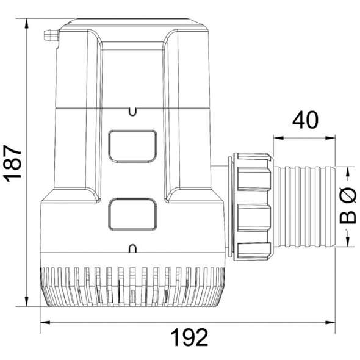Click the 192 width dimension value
(x=190, y=336)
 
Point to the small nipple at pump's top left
(x=49, y=38)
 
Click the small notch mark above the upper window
(x=132, y=111)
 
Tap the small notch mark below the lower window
(x=132, y=247)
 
